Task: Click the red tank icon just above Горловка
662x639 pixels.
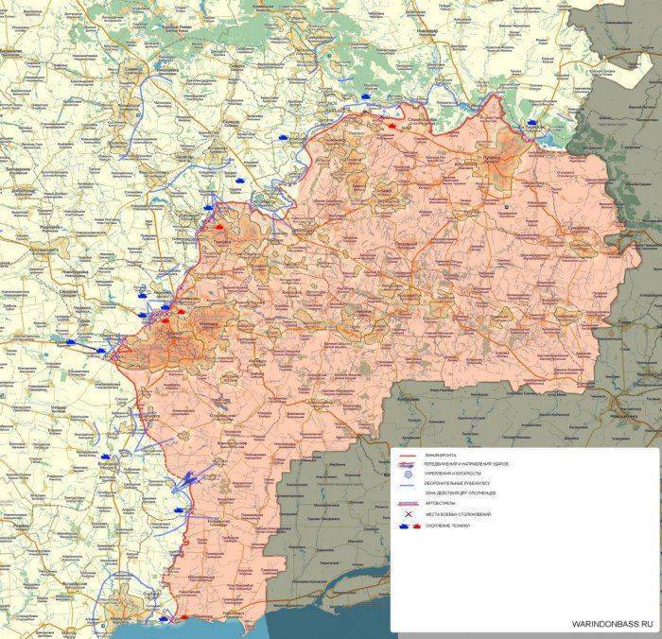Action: click(x=219, y=228)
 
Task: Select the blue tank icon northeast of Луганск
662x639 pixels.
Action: click(x=533, y=122)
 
